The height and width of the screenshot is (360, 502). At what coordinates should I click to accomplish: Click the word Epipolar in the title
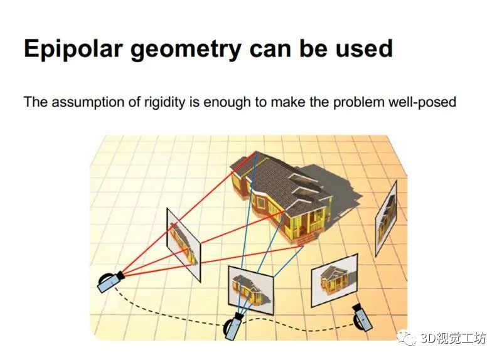[x=73, y=49]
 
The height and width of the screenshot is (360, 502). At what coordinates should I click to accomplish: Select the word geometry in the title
[x=186, y=50]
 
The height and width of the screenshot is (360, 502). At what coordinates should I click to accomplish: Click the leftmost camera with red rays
[x=110, y=282]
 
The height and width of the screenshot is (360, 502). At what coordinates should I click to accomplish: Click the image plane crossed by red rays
[x=184, y=245]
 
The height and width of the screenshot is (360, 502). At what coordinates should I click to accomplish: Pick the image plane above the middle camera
[x=251, y=290]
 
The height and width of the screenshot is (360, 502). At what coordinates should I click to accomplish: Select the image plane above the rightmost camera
[x=334, y=280]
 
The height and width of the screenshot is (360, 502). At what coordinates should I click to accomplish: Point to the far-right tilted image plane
[x=386, y=218]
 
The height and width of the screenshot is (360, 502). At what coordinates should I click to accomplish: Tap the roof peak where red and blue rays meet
[x=256, y=152]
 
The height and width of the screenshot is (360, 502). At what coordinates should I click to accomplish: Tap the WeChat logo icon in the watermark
[x=407, y=337]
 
